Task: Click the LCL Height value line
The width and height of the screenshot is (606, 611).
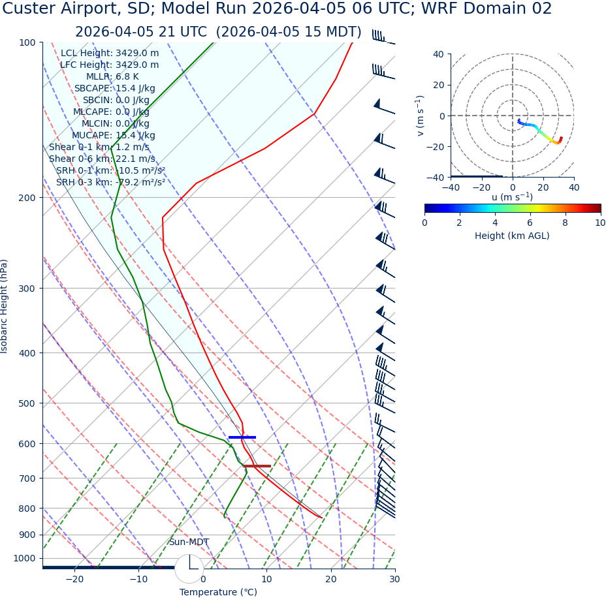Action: click(x=110, y=54)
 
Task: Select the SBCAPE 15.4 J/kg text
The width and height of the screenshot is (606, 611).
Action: click(x=114, y=89)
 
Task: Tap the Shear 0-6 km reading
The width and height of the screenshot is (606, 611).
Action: click(x=102, y=159)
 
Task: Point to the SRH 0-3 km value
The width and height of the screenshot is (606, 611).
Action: click(x=110, y=183)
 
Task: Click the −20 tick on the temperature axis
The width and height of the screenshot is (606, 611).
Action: click(x=74, y=580)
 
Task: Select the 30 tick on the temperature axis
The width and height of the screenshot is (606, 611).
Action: click(x=394, y=580)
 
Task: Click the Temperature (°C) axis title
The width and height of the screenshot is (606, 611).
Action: click(x=218, y=593)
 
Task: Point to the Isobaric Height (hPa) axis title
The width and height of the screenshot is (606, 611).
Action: click(x=5, y=306)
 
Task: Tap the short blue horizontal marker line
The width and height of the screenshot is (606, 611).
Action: click(x=242, y=437)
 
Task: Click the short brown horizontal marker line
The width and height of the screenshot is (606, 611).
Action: click(x=257, y=466)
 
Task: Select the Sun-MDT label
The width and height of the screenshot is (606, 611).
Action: click(x=189, y=542)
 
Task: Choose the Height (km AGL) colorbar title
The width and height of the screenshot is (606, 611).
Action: click(x=512, y=236)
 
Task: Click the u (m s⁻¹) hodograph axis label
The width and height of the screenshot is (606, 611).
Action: click(x=512, y=197)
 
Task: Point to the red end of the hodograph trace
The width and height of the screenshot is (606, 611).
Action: click(x=560, y=139)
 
